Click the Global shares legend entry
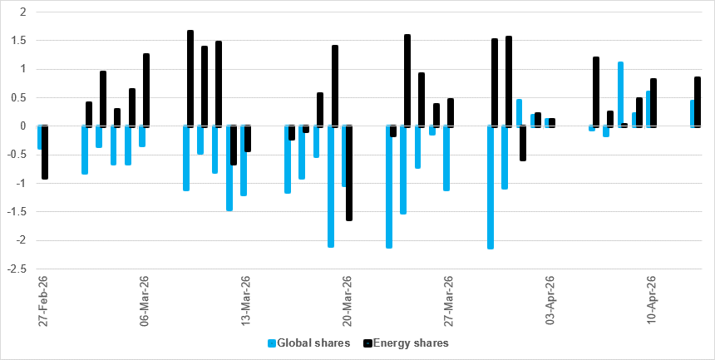(309, 343)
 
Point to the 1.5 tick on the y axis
(19, 41)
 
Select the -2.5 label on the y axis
(16, 269)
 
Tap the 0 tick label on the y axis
(22, 126)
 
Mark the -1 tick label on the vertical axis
(19, 184)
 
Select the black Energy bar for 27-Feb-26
(45, 152)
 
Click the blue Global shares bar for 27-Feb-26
(39, 138)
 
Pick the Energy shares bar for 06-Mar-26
(146, 90)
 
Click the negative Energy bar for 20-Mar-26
(349, 173)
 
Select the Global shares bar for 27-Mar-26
(446, 158)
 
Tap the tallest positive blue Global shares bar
(620, 93)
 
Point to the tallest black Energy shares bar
(190, 78)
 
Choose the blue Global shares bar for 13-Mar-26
(244, 160)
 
